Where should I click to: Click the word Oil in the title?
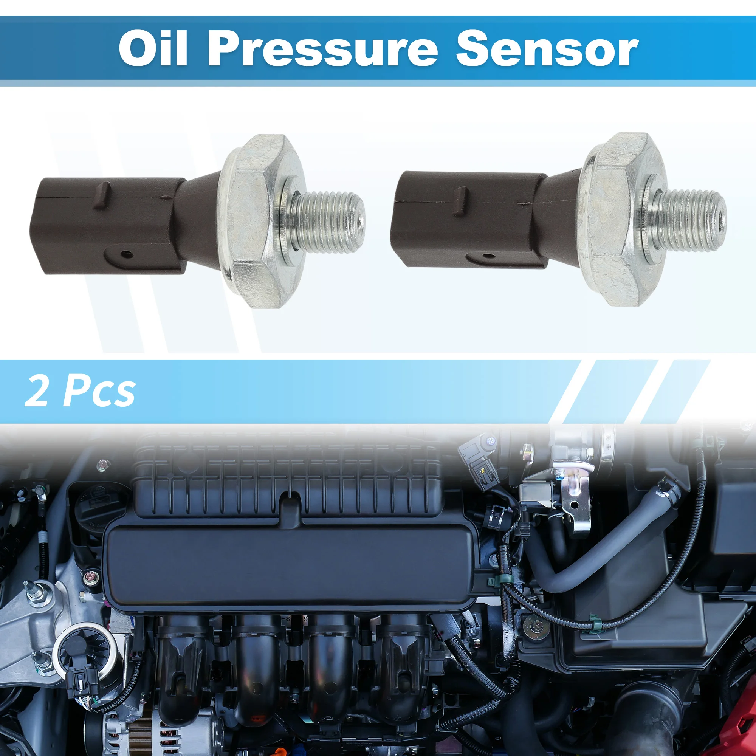click(x=153, y=50)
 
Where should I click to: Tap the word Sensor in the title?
click(x=547, y=50)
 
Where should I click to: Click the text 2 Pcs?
click(x=80, y=391)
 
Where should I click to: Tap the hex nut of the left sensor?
click(x=256, y=219)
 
